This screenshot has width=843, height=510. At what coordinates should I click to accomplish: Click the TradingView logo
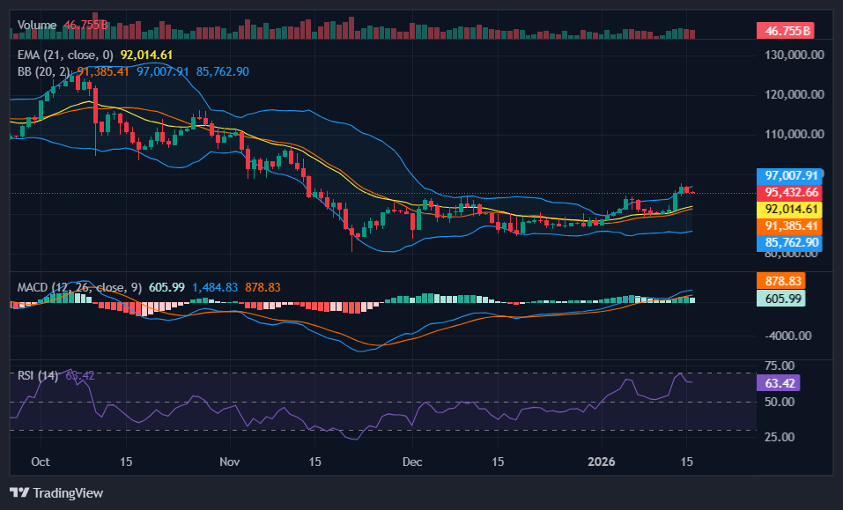(56, 492)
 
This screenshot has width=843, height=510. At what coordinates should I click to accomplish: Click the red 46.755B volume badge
(784, 31)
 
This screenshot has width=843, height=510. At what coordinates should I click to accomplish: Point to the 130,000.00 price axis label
(792, 55)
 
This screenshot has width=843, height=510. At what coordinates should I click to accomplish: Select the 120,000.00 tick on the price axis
(792, 94)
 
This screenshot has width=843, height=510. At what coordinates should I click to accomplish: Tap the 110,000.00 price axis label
(792, 134)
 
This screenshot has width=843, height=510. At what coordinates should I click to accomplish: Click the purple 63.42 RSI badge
(779, 383)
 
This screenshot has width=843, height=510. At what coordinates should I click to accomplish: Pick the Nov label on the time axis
(230, 461)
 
